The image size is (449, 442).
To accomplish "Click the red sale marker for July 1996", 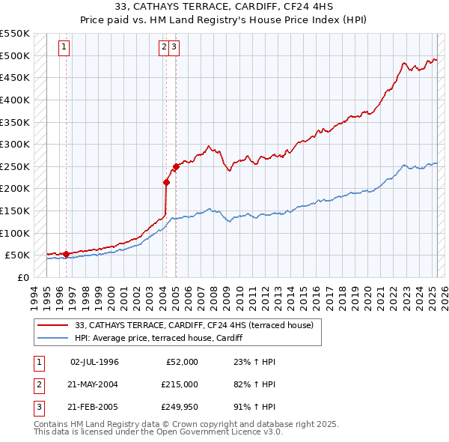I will (x=66, y=254).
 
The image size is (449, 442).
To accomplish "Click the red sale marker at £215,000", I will (x=166, y=181).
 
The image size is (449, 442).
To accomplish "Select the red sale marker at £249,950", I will (x=176, y=166).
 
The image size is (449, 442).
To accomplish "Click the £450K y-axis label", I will (x=15, y=77).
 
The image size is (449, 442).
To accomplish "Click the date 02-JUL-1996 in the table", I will (x=94, y=362).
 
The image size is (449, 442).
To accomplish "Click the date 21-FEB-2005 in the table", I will (x=94, y=408).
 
